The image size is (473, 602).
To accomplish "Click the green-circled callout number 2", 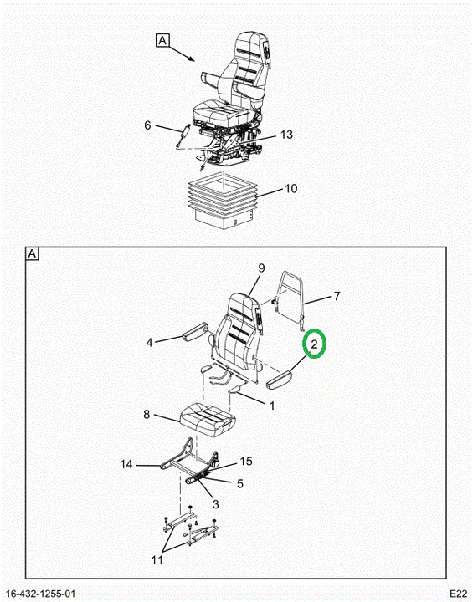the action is point(314,344).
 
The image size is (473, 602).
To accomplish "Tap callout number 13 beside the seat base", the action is point(286,135).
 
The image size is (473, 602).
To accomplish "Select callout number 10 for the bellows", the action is point(290,188).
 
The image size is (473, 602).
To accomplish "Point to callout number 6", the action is point(147,125).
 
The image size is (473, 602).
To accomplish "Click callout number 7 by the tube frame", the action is point(337,296).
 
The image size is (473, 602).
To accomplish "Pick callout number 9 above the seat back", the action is point(261,268).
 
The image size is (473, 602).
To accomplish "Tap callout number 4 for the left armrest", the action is point(150,342).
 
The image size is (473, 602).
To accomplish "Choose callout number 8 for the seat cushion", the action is point(147,415).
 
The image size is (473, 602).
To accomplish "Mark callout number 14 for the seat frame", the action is point(126,464).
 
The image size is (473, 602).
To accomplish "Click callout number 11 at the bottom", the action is point(157,560).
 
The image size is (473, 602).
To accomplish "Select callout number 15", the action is point(246,461).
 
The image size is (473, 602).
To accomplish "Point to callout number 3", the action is point(215,504).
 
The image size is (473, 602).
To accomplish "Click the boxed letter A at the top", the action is point(162,40).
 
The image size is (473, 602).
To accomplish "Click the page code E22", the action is point(459,594).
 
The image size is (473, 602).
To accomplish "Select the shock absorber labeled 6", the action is point(183,135).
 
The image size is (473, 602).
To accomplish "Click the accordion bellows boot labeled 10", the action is point(224,201).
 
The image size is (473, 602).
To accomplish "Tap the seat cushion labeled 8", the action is point(207,419).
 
